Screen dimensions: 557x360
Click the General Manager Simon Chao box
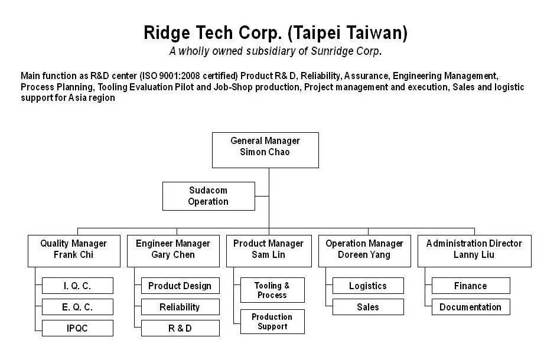(x=265, y=150)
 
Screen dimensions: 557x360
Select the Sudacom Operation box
(x=209, y=196)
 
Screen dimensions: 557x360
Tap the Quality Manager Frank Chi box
(x=74, y=251)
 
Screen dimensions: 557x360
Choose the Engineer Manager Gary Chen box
(x=173, y=251)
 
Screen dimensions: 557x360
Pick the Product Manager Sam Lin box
(x=269, y=251)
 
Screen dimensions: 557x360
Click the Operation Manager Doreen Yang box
(x=364, y=251)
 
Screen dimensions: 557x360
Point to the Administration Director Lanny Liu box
(x=474, y=251)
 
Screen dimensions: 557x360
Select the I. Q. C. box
(x=77, y=286)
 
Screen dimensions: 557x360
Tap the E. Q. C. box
(x=77, y=307)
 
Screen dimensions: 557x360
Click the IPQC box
(x=77, y=328)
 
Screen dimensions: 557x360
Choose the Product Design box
(x=180, y=286)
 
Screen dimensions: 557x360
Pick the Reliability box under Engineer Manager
(x=180, y=307)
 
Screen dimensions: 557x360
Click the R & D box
(x=180, y=328)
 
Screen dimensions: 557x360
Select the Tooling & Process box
(x=272, y=290)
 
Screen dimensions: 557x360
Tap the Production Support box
(x=272, y=321)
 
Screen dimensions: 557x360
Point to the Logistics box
(x=368, y=286)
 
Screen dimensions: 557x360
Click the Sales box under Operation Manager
(x=368, y=307)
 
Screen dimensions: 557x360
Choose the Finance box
(x=471, y=286)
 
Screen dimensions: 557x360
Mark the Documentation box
(x=471, y=307)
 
